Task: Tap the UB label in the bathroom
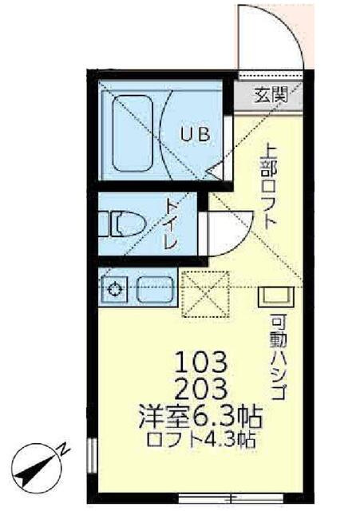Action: click(x=196, y=134)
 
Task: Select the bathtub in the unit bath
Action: click(x=133, y=133)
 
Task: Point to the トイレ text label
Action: click(x=172, y=224)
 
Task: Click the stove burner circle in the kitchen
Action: click(x=115, y=289)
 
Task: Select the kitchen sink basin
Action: click(x=154, y=289)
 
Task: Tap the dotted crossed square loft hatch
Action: click(x=206, y=294)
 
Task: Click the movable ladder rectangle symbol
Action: click(x=276, y=296)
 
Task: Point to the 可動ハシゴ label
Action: click(x=278, y=358)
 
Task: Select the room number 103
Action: click(x=201, y=362)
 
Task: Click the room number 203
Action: click(x=201, y=390)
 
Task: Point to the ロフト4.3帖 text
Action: click(x=201, y=440)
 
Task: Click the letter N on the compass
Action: click(x=64, y=451)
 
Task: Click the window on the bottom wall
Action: click(x=231, y=498)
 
